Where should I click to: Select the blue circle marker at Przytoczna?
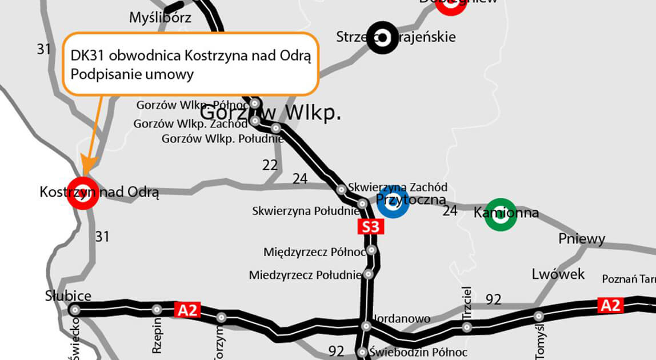(393, 202)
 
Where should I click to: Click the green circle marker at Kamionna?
(501, 214)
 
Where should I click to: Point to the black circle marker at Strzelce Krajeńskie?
(382, 38)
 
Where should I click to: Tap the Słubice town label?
(68, 295)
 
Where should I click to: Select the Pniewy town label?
(582, 239)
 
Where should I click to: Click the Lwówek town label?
(558, 274)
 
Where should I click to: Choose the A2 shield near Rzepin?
(187, 310)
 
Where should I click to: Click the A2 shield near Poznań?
(610, 305)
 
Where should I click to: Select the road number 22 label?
(270, 165)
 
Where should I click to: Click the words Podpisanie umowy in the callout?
(132, 74)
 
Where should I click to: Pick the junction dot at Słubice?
(75, 310)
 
